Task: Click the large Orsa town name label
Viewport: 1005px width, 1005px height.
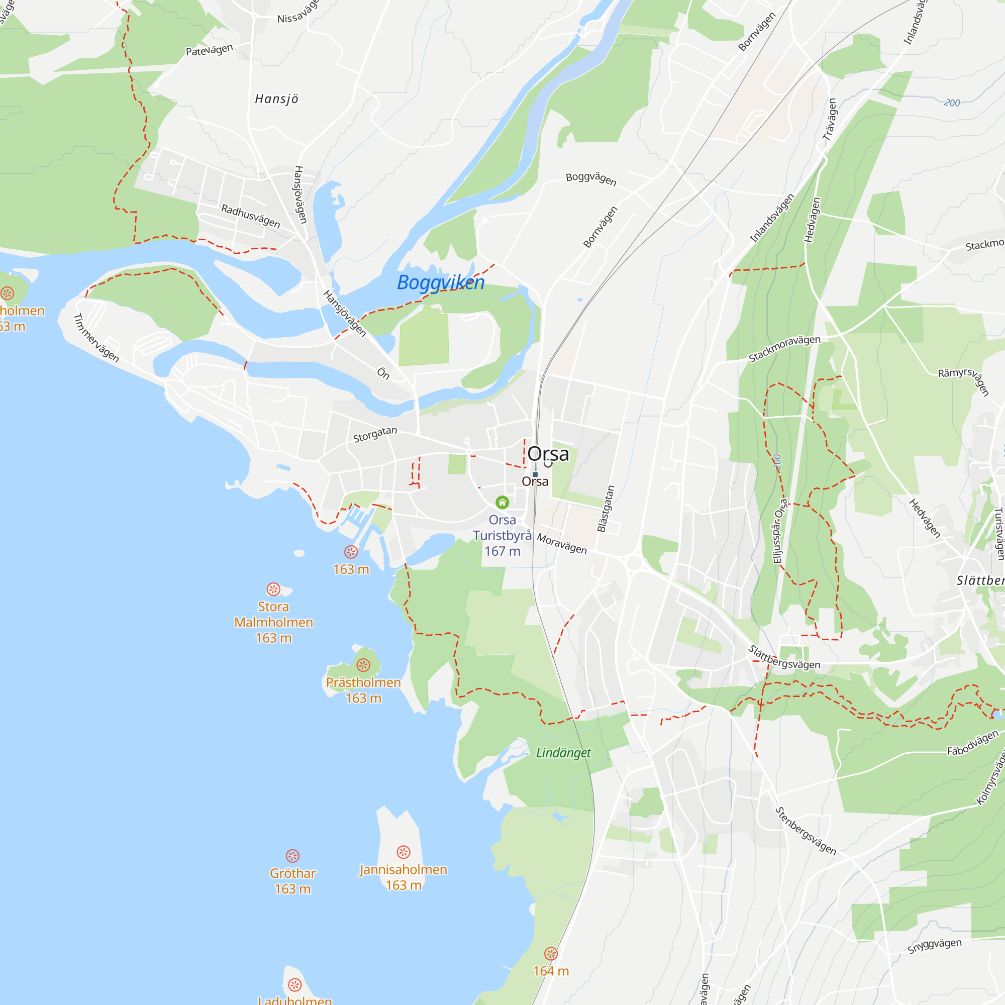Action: [548, 454]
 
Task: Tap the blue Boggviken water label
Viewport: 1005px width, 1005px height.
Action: [441, 282]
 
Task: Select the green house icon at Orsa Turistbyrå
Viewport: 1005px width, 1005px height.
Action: [502, 502]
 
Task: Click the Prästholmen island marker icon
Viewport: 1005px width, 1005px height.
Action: [363, 665]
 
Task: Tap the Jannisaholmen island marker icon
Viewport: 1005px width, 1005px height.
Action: [404, 852]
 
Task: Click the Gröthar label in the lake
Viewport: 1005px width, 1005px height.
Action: [292, 873]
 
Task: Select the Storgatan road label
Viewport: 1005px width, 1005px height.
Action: [375, 434]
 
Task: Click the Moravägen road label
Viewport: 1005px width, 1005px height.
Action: [562, 544]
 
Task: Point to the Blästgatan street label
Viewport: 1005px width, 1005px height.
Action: [606, 509]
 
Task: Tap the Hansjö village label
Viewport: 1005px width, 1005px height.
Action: [277, 99]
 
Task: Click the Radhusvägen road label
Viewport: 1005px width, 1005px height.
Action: [251, 217]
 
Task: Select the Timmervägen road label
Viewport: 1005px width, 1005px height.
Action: [96, 338]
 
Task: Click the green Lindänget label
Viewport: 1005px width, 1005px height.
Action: [563, 753]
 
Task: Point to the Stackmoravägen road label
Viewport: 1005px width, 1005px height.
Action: [784, 349]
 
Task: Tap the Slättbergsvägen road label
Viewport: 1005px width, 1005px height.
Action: [784, 658]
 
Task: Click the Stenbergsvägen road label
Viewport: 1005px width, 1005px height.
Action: [806, 831]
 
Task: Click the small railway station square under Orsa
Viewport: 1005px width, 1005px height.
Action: [535, 474]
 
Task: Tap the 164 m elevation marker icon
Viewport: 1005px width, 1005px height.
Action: [551, 954]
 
